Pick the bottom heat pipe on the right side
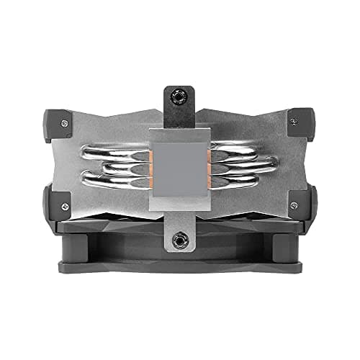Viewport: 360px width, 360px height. coord(245,181)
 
